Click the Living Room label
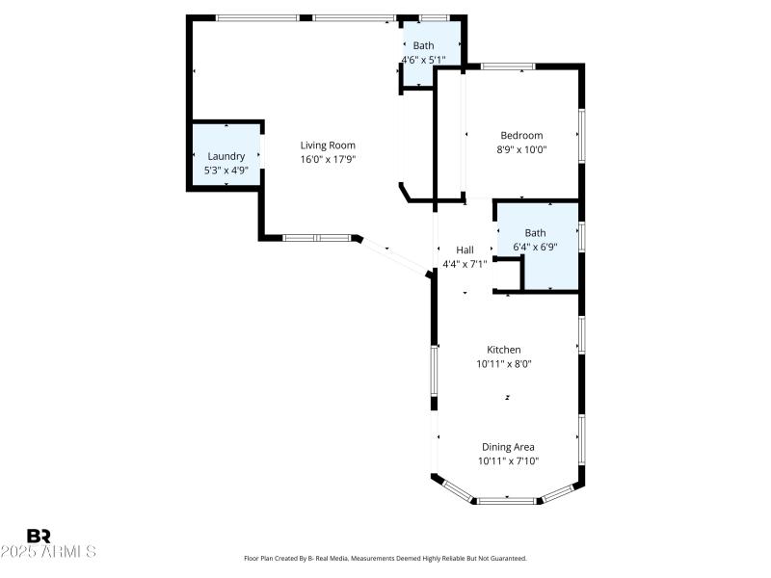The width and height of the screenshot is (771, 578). pyautogui.click(x=328, y=145)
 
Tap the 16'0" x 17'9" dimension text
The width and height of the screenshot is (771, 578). pyautogui.click(x=328, y=160)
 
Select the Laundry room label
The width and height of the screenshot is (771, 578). pyautogui.click(x=226, y=156)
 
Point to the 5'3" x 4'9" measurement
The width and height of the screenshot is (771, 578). pyautogui.click(x=226, y=171)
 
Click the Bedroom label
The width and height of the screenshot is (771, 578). pyautogui.click(x=521, y=136)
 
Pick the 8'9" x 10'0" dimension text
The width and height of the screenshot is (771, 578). pyautogui.click(x=521, y=150)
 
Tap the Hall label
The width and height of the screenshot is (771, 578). pyautogui.click(x=465, y=250)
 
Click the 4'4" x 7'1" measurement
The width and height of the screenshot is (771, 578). pyautogui.click(x=465, y=264)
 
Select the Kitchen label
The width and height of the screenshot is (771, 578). pyautogui.click(x=503, y=350)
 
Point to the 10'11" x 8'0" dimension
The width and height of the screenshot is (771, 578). pyautogui.click(x=503, y=364)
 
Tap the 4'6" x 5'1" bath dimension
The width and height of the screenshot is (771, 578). pyautogui.click(x=424, y=60)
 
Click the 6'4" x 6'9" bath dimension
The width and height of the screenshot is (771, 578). pyautogui.click(x=535, y=247)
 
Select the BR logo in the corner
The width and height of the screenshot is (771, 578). pyautogui.click(x=39, y=536)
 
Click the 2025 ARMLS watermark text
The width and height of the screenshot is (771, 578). pyautogui.click(x=48, y=552)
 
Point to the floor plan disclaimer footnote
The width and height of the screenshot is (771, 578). pyautogui.click(x=385, y=559)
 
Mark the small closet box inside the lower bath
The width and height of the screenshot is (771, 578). pyautogui.click(x=507, y=274)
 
